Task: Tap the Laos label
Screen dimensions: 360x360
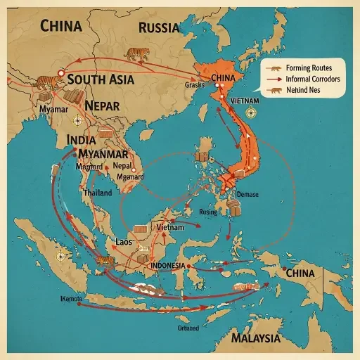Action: click(124, 241)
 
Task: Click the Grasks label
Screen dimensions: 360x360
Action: click(194, 84)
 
